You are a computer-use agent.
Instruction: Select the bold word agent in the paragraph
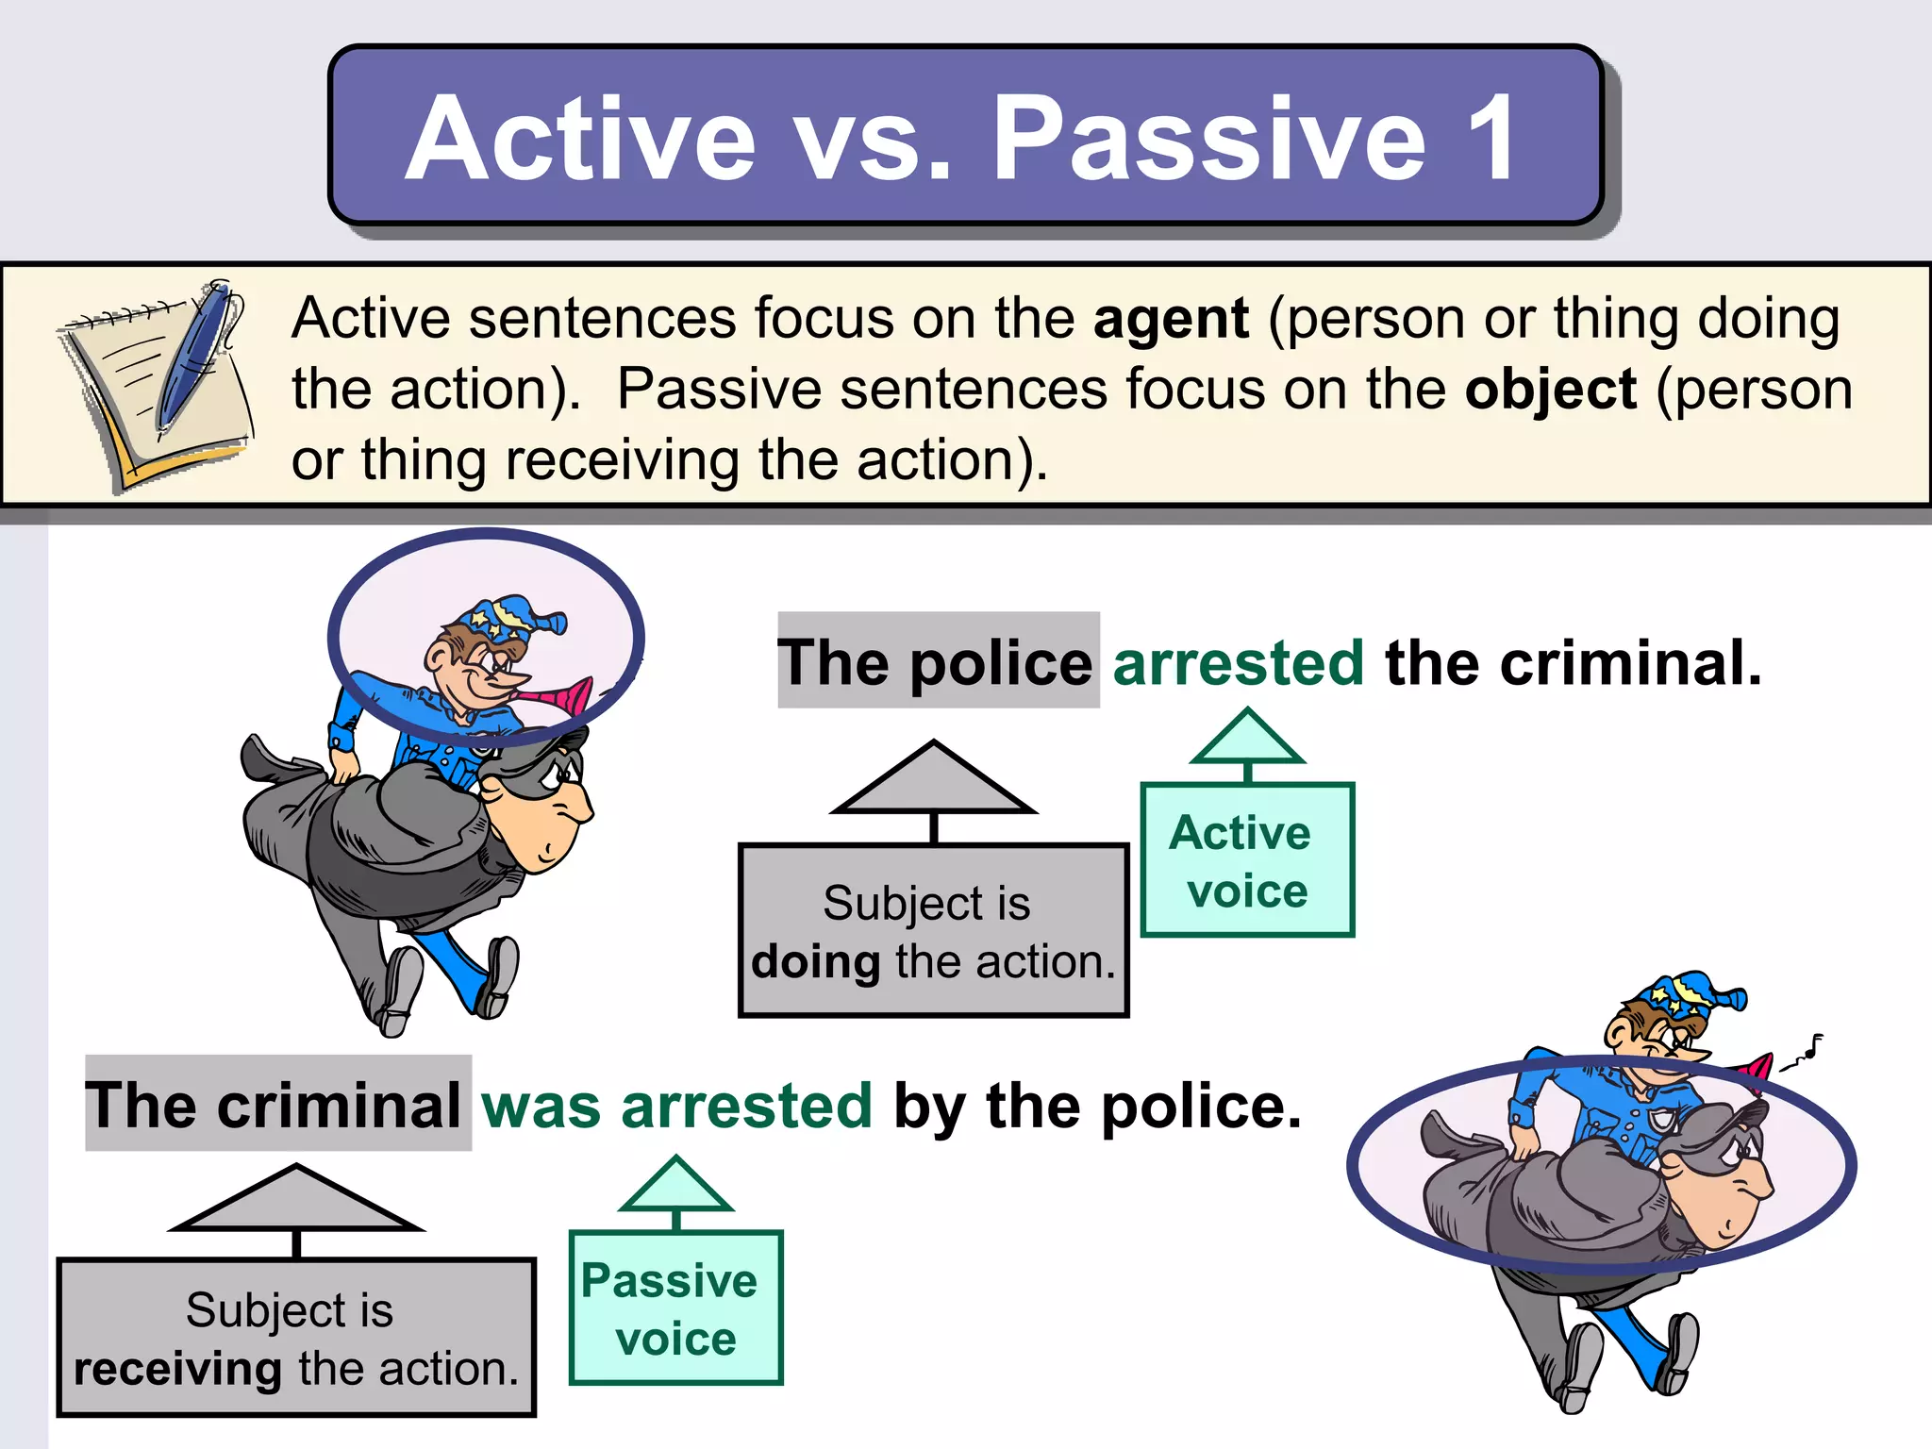pos(1171,319)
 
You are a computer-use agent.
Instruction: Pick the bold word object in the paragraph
pos(1550,390)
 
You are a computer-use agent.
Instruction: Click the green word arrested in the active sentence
pos(1238,662)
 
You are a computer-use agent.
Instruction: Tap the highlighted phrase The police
pos(937,662)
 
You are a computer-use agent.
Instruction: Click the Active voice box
pos(1246,860)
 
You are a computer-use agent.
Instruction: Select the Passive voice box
pos(675,1308)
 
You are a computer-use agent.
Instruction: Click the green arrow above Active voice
pos(1247,739)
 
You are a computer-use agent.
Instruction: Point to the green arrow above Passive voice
pos(675,1187)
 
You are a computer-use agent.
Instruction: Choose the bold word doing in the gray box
pos(815,962)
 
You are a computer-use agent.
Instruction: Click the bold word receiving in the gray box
pos(177,1369)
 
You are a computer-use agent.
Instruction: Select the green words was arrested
pos(676,1106)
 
